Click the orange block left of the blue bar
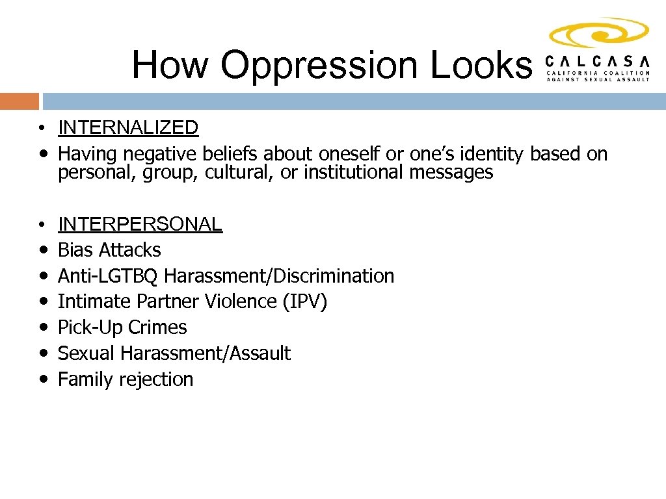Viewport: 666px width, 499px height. tap(20, 101)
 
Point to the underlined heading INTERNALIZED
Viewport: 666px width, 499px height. tap(128, 128)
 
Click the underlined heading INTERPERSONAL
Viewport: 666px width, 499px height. tap(140, 224)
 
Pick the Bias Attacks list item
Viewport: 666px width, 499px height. tap(109, 250)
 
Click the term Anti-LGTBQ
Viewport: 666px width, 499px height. tap(109, 276)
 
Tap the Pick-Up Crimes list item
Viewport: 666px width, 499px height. tap(122, 327)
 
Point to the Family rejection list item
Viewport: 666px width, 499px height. tap(126, 379)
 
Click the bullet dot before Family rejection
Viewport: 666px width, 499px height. tap(42, 379)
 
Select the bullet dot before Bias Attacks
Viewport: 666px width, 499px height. tap(42, 250)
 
